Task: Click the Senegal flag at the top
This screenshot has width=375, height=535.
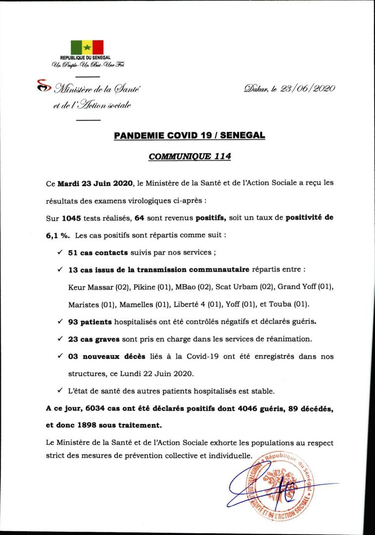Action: (87, 47)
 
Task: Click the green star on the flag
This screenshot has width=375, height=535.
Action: (87, 48)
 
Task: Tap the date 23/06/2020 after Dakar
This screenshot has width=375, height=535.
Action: (308, 89)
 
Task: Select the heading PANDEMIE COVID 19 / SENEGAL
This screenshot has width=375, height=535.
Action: (189, 135)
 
